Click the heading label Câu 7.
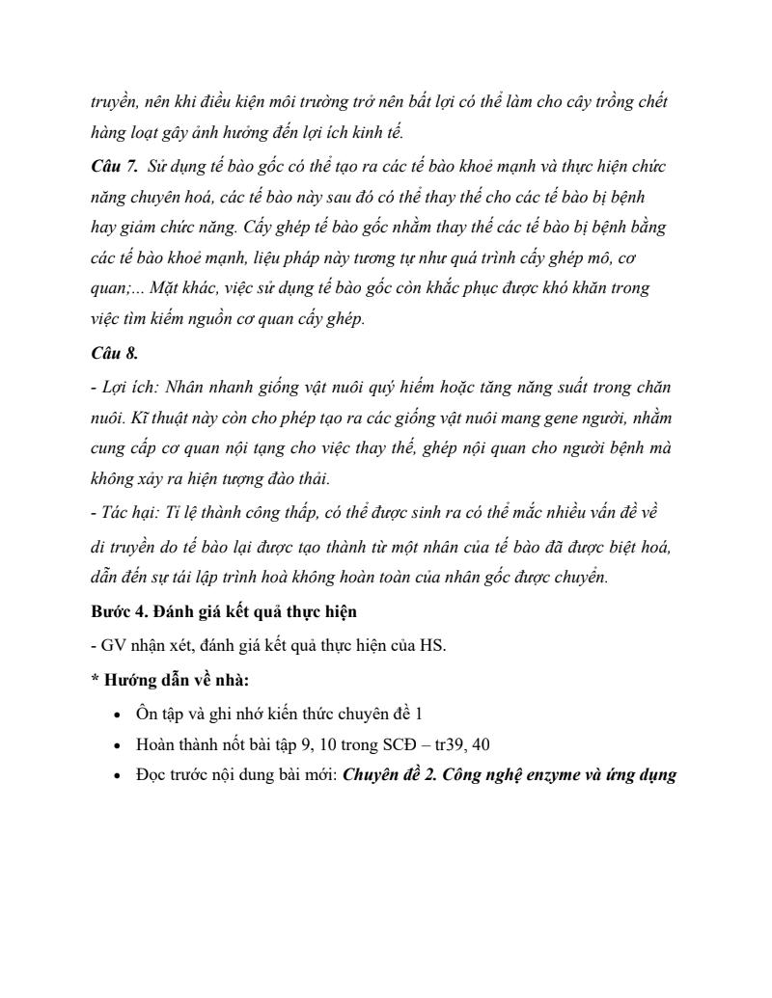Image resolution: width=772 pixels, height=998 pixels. [x=114, y=167]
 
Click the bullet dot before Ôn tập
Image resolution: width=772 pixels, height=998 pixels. [x=117, y=715]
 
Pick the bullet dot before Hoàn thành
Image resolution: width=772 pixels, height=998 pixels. [x=117, y=744]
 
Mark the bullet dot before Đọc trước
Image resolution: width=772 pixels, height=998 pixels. [x=117, y=774]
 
